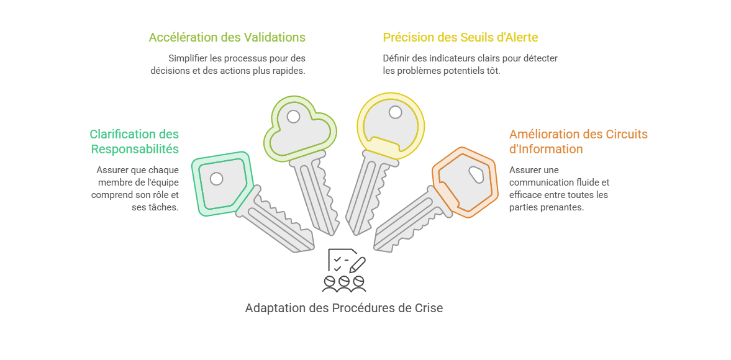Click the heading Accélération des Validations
(x=227, y=37)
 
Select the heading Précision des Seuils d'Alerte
(x=461, y=37)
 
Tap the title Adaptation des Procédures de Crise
(x=344, y=308)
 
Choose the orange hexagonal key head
(x=465, y=182)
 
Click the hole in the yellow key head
(x=396, y=112)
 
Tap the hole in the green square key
(x=216, y=179)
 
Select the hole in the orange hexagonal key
(x=476, y=174)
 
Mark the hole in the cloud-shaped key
(x=293, y=117)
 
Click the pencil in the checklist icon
(x=357, y=265)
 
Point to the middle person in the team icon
(x=344, y=284)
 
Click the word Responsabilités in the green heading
(x=135, y=149)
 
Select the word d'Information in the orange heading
(x=546, y=149)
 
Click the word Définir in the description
(x=396, y=58)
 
